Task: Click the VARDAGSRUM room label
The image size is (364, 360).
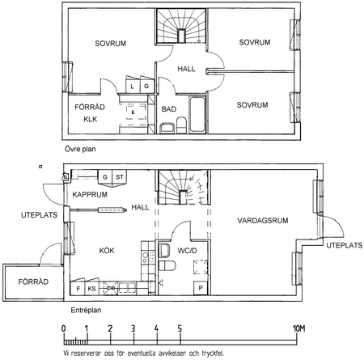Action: coord(263,220)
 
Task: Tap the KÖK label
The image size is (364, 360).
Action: coord(107,251)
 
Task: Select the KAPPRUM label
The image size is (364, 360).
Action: coord(90,194)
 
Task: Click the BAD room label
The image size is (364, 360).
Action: coord(169,109)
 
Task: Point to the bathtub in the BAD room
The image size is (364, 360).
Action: coord(197,114)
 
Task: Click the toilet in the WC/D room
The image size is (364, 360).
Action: coord(167,265)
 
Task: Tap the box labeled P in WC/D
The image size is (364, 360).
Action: coord(201,288)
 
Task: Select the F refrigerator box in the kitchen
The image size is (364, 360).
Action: coord(78,288)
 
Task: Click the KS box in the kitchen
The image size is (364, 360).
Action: coord(92,288)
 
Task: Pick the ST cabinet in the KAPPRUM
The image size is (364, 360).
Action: coord(120,177)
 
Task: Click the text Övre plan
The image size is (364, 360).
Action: coord(80,149)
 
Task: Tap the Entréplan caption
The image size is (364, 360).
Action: coord(86,310)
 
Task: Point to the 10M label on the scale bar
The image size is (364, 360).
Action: coord(299,328)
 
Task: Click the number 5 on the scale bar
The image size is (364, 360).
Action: coord(180,328)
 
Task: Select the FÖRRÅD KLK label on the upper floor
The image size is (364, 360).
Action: coord(90,113)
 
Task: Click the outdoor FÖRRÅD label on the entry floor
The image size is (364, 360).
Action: coord(33,282)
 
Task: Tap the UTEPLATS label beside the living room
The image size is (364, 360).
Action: coord(345,245)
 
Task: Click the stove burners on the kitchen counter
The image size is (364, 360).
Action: coord(149,257)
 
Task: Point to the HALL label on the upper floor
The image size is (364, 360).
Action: coord(186,69)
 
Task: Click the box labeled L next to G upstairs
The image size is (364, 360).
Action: coord(133,87)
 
